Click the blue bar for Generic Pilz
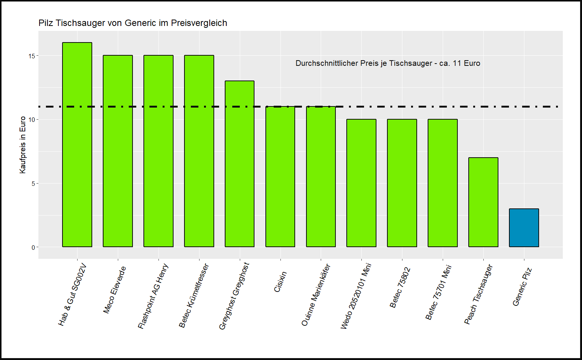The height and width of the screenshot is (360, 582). (x=524, y=228)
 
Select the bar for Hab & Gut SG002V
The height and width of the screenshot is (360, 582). (x=77, y=145)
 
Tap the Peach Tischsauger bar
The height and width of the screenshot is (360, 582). (x=483, y=202)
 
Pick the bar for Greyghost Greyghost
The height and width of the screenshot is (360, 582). (x=239, y=164)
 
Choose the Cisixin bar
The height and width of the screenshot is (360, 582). (x=280, y=177)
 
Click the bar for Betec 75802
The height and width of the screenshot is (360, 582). (x=402, y=183)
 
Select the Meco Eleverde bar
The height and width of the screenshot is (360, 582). (x=118, y=151)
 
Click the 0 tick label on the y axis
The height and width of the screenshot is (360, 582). (x=33, y=247)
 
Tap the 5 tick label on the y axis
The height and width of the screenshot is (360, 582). (x=33, y=184)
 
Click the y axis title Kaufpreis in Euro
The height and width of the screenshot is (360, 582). (x=23, y=145)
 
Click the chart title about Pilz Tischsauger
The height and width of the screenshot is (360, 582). (x=133, y=23)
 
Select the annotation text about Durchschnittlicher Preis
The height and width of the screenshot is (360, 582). (x=388, y=63)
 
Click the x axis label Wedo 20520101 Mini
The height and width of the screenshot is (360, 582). (x=356, y=296)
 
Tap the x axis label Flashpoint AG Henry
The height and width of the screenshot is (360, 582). (x=153, y=296)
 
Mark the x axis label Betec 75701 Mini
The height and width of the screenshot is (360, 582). (x=438, y=292)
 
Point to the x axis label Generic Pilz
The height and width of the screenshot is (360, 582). (x=522, y=287)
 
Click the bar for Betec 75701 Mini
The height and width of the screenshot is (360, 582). (x=443, y=183)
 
